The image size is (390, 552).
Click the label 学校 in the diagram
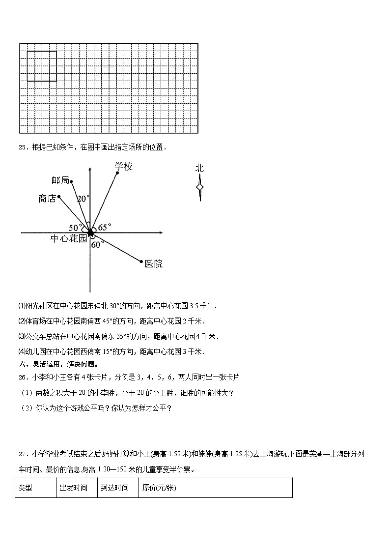pyautogui.click(x=124, y=167)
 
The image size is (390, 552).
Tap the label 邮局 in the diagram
pyautogui.click(x=60, y=180)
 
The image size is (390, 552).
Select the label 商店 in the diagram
pyautogui.click(x=47, y=199)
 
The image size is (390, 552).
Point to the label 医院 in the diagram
pyautogui.click(x=153, y=264)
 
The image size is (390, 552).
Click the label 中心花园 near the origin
pyautogui.click(x=68, y=238)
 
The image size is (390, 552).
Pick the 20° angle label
pyautogui.click(x=83, y=199)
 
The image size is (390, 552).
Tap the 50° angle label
pyautogui.click(x=76, y=228)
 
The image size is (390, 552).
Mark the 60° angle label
pyautogui.click(x=98, y=244)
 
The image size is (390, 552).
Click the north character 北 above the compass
pyautogui.click(x=199, y=168)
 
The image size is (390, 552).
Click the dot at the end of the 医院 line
pyautogui.click(x=141, y=261)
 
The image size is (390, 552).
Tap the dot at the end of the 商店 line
pyautogui.click(x=59, y=197)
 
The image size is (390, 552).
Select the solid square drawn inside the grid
pyautogui.click(x=42, y=66)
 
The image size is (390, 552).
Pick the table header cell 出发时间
pyautogui.click(x=73, y=488)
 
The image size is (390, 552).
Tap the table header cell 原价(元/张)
pyautogui.click(x=159, y=488)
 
